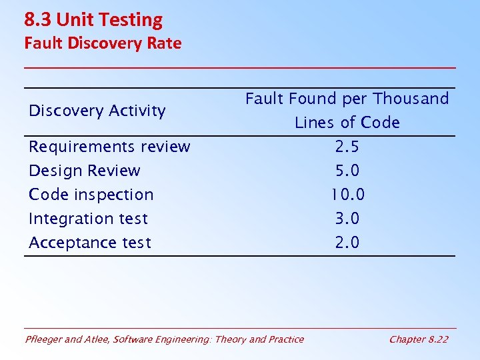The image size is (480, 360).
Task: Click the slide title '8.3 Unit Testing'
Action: coord(93,20)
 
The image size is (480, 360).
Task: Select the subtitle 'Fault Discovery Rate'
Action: coord(103,43)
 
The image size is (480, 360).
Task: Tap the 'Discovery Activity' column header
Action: coord(97,111)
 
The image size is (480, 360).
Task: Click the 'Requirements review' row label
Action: coord(109,147)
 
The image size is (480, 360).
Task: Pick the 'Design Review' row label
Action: coord(85,171)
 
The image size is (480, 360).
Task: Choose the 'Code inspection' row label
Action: coord(91,195)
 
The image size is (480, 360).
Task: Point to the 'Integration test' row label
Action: coord(88,219)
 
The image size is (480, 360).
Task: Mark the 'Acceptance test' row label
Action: coord(90,243)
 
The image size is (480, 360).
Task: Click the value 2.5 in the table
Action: coord(347,147)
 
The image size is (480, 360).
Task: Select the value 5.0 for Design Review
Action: coord(347,171)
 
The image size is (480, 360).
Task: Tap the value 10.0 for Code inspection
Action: coord(347,195)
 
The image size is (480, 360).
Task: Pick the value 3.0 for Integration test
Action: coord(347,219)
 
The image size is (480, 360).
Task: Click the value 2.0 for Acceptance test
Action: coord(347,243)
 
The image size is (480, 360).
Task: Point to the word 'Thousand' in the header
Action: coord(411,99)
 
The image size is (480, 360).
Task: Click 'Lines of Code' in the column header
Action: coord(347,123)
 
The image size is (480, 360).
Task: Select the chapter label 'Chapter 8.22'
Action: coord(419,339)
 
